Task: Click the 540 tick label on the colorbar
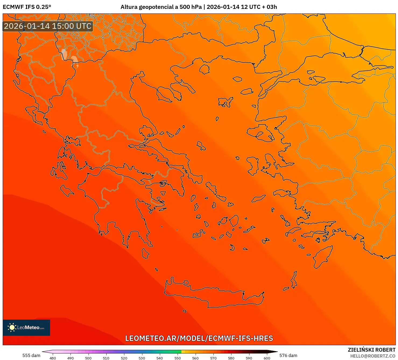pos(160,358)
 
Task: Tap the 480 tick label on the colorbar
pos(53,358)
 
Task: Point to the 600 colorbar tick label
pos(267,358)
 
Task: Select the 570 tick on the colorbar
pos(213,358)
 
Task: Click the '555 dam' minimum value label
pos(31,355)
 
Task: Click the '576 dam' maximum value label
pos(288,355)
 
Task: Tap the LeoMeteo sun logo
pos(12,327)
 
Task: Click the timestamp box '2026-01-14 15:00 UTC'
pos(48,26)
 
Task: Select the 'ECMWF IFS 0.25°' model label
pos(27,7)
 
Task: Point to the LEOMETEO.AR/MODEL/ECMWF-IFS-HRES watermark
pos(199,338)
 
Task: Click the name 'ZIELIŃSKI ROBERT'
pos(371,350)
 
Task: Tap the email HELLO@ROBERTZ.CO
pos(373,356)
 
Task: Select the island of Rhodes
pos(322,257)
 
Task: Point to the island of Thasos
pos(204,69)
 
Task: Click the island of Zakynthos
pos(67,190)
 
